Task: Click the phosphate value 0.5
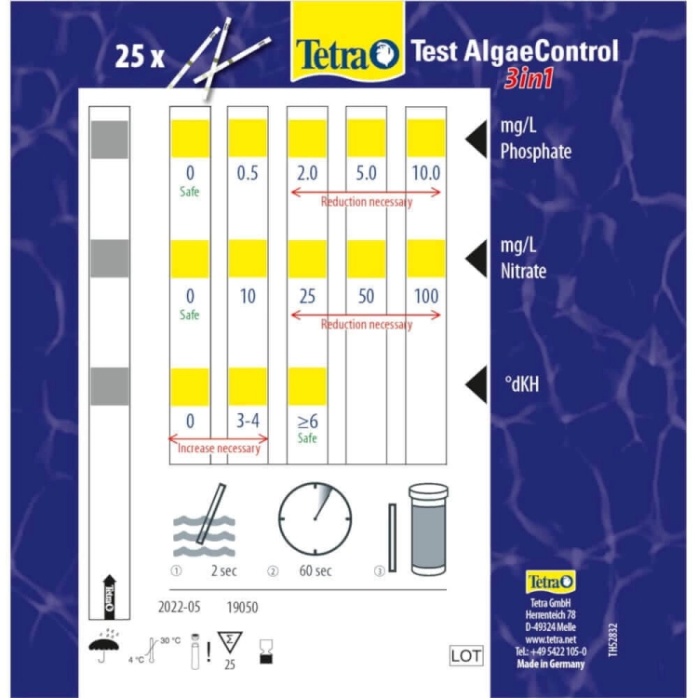248,173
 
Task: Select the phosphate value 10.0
426,173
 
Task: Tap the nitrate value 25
307,297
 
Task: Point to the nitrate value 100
426,297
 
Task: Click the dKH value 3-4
248,421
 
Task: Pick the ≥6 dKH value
307,421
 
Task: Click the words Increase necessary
219,449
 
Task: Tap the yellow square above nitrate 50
367,259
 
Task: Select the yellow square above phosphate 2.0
307,139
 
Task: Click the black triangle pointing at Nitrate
477,259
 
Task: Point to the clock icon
315,518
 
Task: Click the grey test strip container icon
428,530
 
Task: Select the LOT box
466,656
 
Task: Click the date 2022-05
180,607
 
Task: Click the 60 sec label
315,570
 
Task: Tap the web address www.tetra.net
551,639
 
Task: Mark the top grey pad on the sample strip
110,140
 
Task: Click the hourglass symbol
266,652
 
